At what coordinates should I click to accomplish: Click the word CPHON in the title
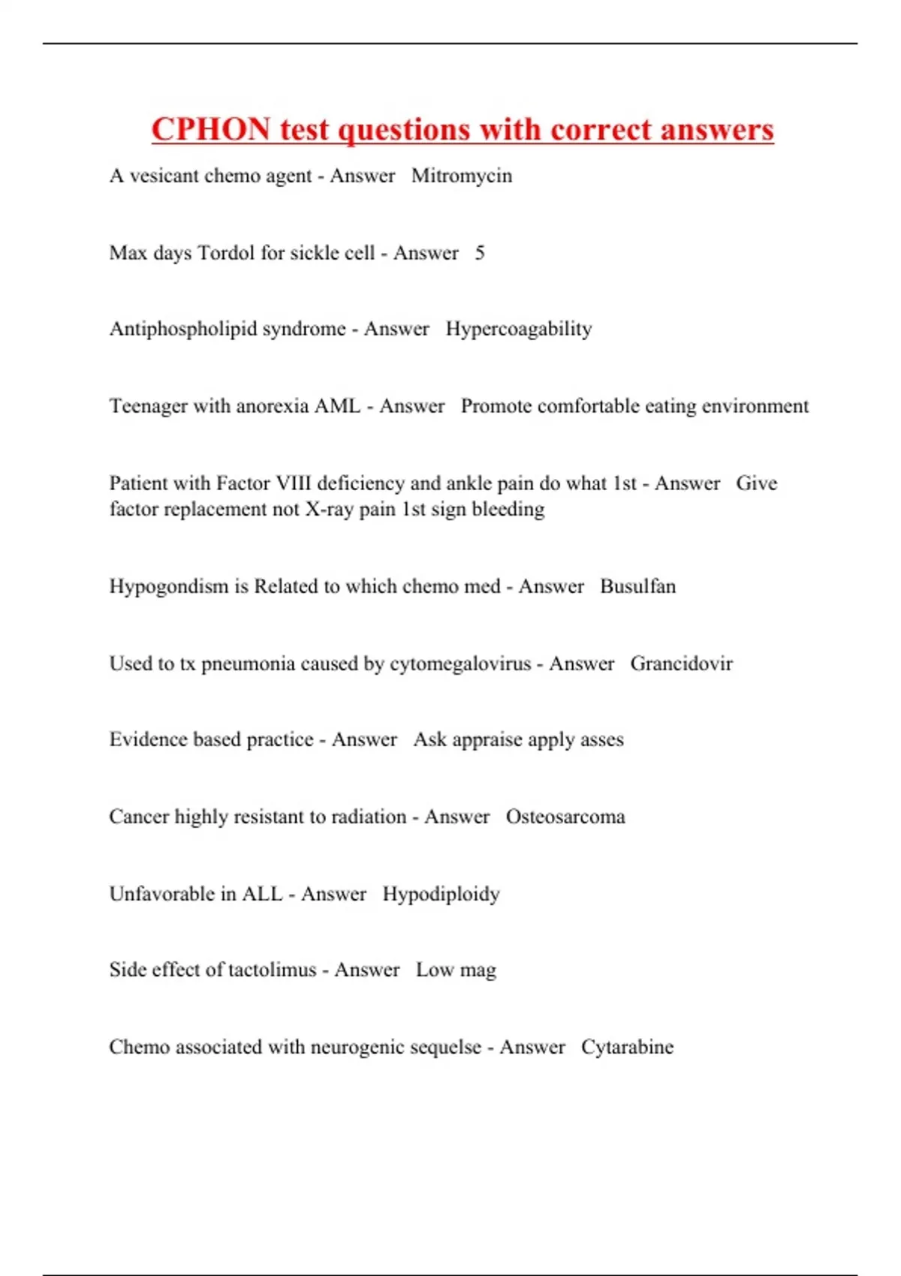[x=210, y=129]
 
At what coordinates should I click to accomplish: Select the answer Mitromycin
[x=462, y=176]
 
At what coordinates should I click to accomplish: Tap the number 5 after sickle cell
[x=480, y=253]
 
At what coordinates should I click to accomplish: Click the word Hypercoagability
[x=519, y=329]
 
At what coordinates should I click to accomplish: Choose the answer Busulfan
[x=637, y=586]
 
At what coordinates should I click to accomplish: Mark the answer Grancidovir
[x=681, y=664]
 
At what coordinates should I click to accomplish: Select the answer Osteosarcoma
[x=565, y=817]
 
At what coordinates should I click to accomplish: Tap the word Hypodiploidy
[x=441, y=894]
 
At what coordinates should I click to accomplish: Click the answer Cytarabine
[x=627, y=1047]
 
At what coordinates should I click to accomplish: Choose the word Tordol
[x=226, y=253]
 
